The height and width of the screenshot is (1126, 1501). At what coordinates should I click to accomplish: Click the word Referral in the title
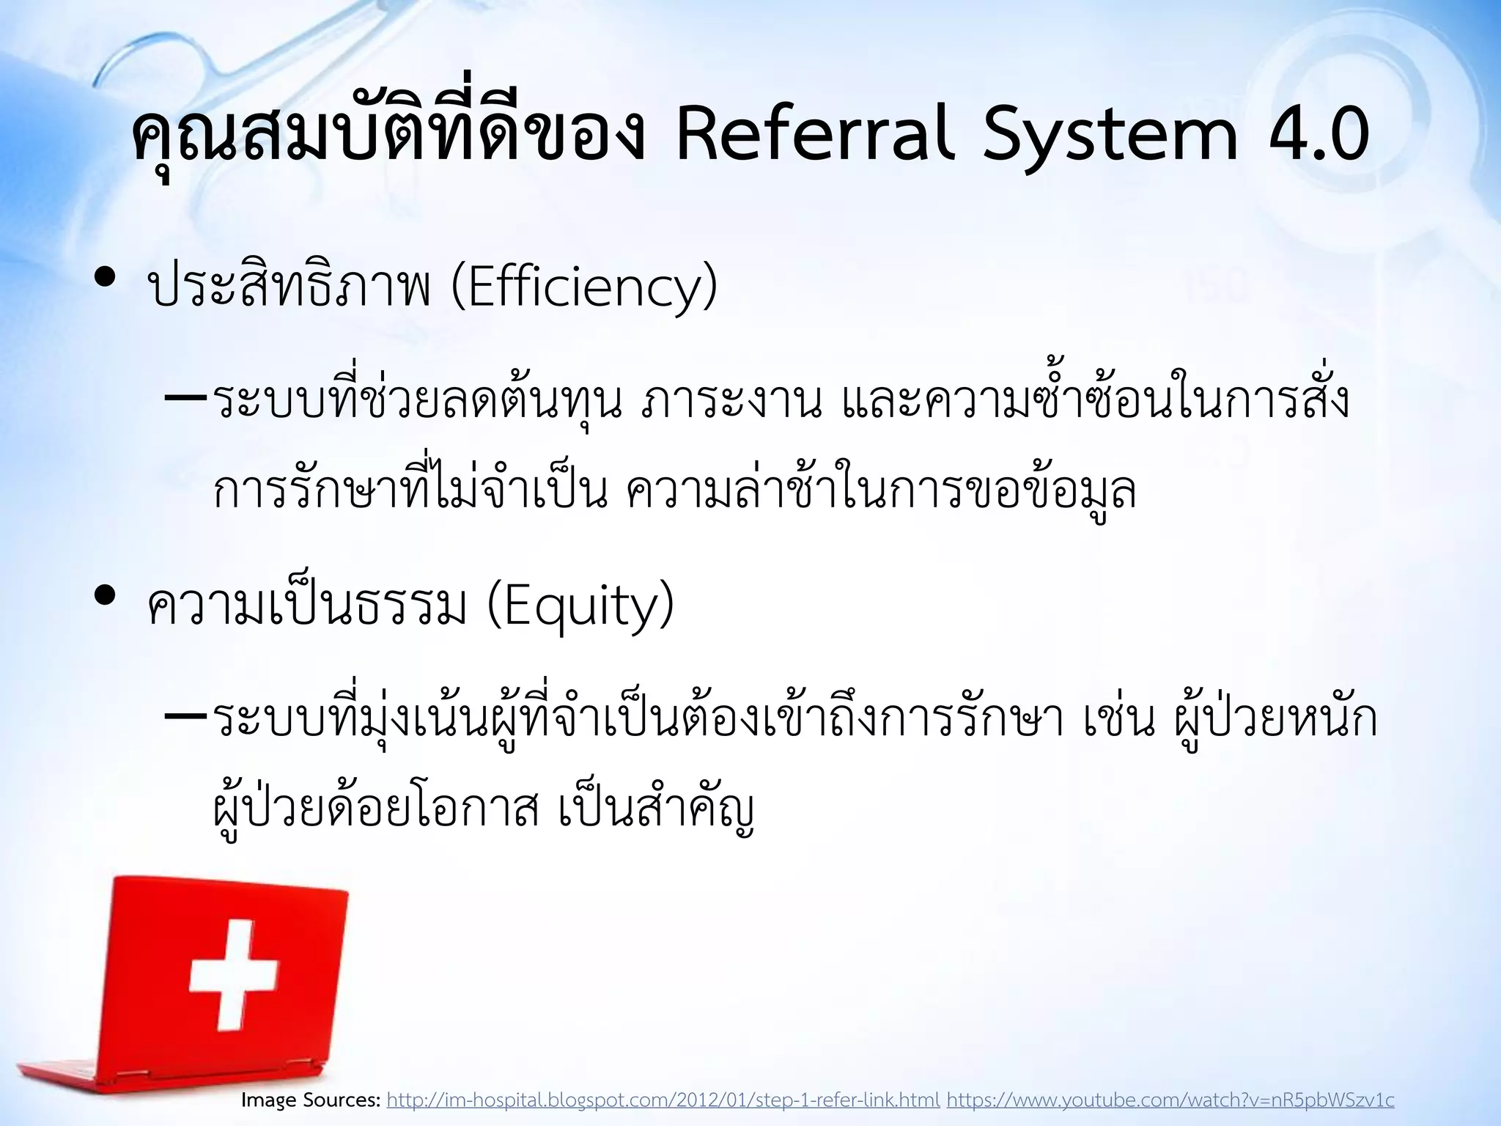[815, 136]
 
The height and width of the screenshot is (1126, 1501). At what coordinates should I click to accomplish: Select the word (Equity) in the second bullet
[579, 607]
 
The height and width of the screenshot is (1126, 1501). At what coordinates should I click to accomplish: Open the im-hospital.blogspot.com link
[663, 1100]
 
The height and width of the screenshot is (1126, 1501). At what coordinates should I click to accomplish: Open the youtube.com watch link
[1170, 1100]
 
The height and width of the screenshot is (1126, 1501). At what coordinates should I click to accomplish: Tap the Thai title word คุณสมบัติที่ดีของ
[388, 136]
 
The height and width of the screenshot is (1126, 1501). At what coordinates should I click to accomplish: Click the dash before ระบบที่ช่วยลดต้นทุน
[186, 400]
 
